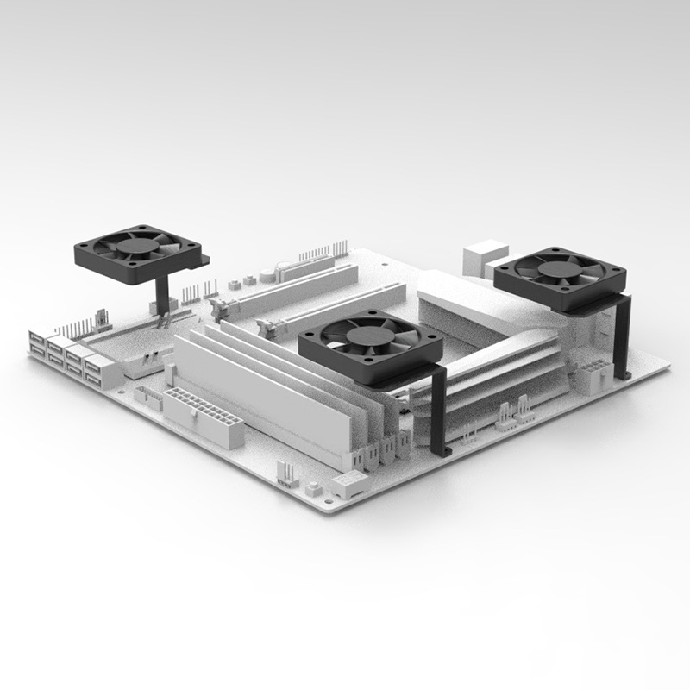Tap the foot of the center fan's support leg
443,450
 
